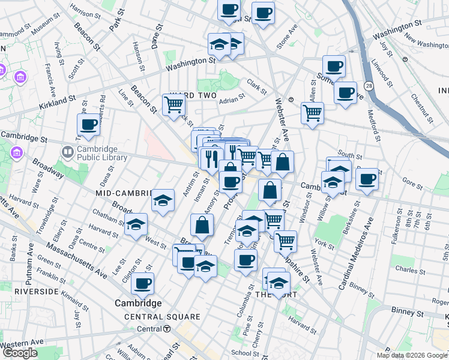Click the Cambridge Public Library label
(101, 153)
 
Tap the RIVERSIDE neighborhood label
(37, 291)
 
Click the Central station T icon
(167, 329)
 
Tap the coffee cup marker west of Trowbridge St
(88, 125)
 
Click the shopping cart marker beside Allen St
(312, 113)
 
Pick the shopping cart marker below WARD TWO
(173, 104)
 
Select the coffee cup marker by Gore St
(367, 178)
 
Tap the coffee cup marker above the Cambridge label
(142, 283)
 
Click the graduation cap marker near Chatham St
(136, 225)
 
